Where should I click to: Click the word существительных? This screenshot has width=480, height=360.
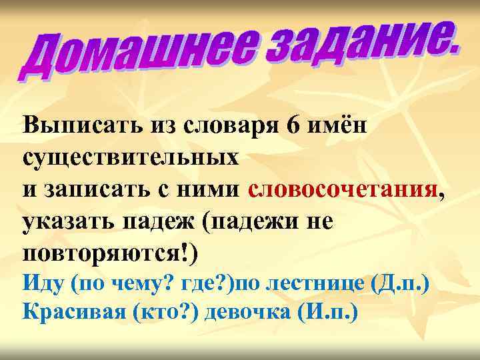click(130, 157)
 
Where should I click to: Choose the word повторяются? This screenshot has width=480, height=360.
click(107, 254)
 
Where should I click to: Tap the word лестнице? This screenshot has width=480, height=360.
click(311, 285)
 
